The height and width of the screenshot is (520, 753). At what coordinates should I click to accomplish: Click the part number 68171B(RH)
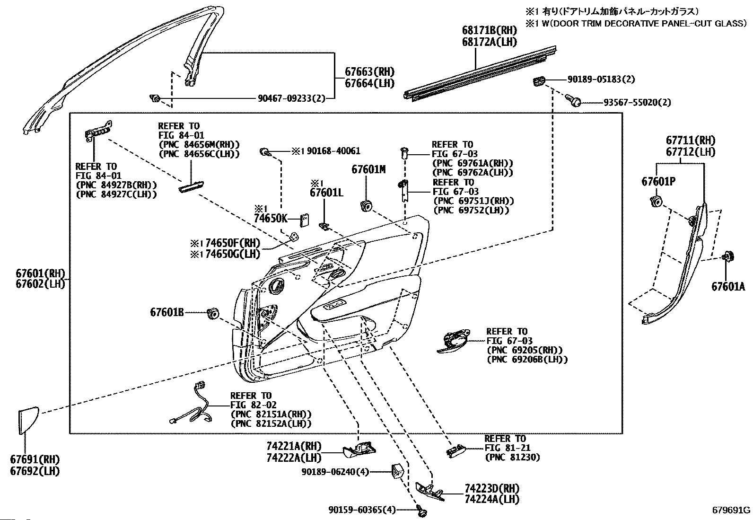tap(490, 30)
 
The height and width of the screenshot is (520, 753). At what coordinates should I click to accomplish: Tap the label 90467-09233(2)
tap(291, 98)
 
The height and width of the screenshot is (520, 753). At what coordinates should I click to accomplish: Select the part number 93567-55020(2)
tap(637, 102)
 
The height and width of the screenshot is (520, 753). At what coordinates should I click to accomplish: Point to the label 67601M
tap(368, 169)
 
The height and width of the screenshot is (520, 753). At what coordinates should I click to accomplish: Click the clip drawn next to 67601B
tap(212, 314)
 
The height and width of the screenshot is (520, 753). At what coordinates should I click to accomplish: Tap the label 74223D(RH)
tap(492, 488)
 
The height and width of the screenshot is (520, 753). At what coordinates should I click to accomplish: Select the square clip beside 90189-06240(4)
tap(398, 471)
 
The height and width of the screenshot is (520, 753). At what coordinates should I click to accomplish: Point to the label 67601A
tap(728, 287)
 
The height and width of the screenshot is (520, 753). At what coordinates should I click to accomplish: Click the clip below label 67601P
tap(656, 202)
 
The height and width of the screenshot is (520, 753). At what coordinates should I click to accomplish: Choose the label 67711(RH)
tap(691, 140)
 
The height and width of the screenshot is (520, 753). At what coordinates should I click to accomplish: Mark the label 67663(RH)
tap(370, 71)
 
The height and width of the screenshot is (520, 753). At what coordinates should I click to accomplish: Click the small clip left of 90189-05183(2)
tap(539, 81)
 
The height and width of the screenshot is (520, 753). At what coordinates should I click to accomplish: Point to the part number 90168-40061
tap(333, 151)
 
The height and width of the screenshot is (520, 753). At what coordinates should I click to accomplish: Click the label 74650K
tap(271, 219)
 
